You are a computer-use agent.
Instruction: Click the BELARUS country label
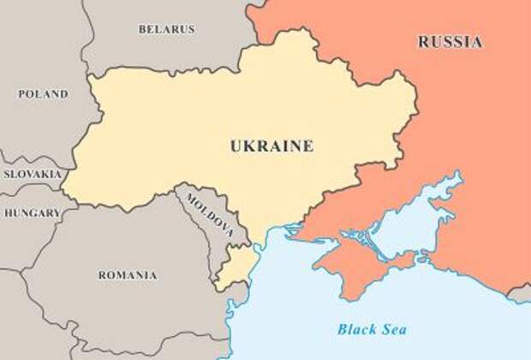pyautogui.click(x=166, y=29)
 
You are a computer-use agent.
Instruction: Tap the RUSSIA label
pyautogui.click(x=450, y=41)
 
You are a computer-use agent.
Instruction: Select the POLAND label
pyautogui.click(x=43, y=93)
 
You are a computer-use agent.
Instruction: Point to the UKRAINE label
pyautogui.click(x=271, y=146)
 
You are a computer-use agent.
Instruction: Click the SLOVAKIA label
pyautogui.click(x=32, y=173)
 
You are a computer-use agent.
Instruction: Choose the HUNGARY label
pyautogui.click(x=32, y=213)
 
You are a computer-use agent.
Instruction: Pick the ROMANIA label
pyautogui.click(x=127, y=275)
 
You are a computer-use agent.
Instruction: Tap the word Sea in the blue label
pyautogui.click(x=393, y=328)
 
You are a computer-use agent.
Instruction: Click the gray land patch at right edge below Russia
pyautogui.click(x=520, y=294)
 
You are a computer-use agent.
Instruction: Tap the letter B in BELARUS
pyautogui.click(x=142, y=29)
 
